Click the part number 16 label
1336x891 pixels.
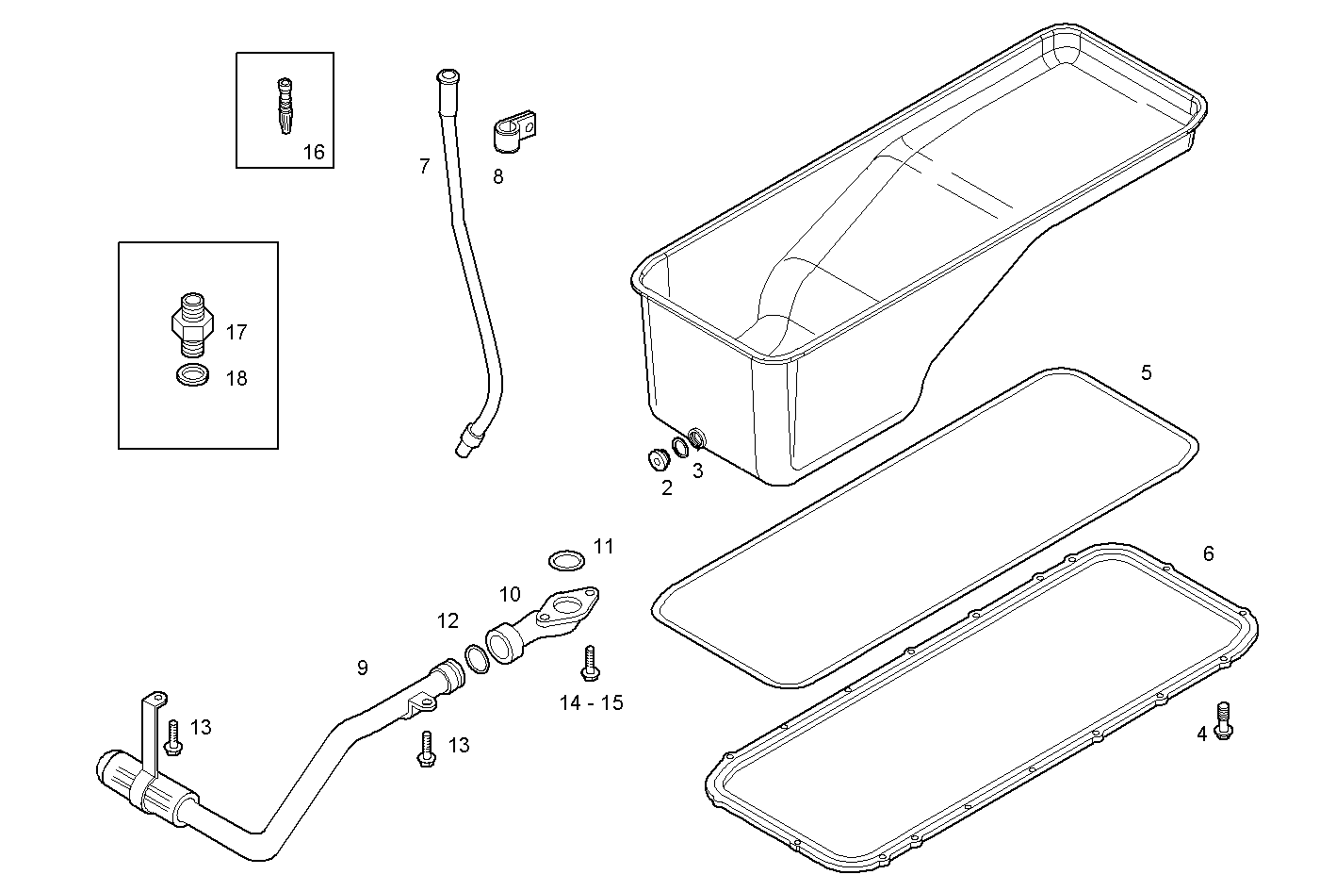tap(314, 152)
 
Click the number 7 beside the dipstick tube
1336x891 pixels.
tap(424, 167)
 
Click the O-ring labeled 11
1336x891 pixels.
tap(563, 560)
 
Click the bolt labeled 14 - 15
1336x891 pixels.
tap(589, 662)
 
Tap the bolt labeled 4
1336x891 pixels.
tap(1224, 720)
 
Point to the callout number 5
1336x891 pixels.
tap(1146, 372)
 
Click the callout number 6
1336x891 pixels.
tap(1209, 553)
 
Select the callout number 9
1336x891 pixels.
tap(363, 668)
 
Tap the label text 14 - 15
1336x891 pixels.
tap(591, 703)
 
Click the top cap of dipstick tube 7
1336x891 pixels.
tap(446, 76)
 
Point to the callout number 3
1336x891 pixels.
tap(697, 470)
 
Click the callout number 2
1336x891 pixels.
tap(667, 487)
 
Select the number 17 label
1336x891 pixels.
tap(236, 332)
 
